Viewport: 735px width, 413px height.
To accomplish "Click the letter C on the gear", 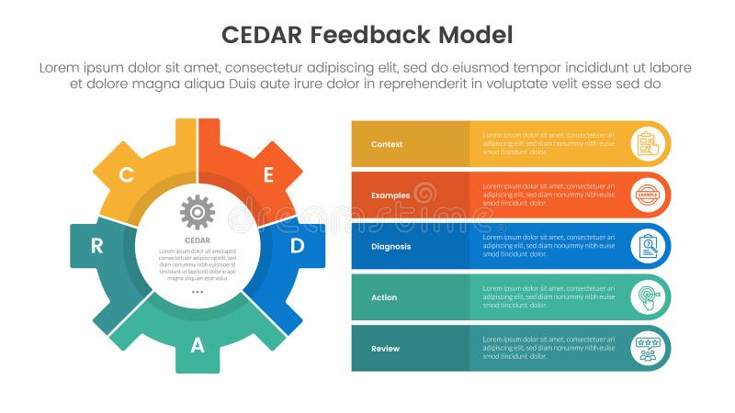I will point(127,174).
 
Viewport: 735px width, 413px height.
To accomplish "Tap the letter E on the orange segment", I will point(268,174).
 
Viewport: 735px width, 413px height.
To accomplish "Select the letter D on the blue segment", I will point(297,246).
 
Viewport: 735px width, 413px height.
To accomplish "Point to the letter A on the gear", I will point(198,345).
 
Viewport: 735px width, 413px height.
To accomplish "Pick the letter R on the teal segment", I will point(96,246).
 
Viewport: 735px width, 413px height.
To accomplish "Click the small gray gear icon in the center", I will point(198,212).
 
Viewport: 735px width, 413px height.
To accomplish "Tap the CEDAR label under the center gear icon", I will point(198,240).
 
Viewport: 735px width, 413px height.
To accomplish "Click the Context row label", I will point(387,144).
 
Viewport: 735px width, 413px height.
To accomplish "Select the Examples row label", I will point(390,195).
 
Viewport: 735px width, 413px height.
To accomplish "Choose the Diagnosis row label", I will point(391,246).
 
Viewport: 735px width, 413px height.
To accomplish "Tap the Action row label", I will point(384,297).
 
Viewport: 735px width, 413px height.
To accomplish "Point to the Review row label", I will point(385,349).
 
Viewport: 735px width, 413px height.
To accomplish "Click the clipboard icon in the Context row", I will point(648,144).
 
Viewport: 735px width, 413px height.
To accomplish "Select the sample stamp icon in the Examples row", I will point(648,195).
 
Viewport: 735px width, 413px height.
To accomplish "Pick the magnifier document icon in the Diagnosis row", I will point(648,246).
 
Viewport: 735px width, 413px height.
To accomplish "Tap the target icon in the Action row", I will point(648,297).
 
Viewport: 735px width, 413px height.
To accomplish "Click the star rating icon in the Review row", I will point(648,349).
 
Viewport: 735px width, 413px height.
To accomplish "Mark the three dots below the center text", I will point(198,291).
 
